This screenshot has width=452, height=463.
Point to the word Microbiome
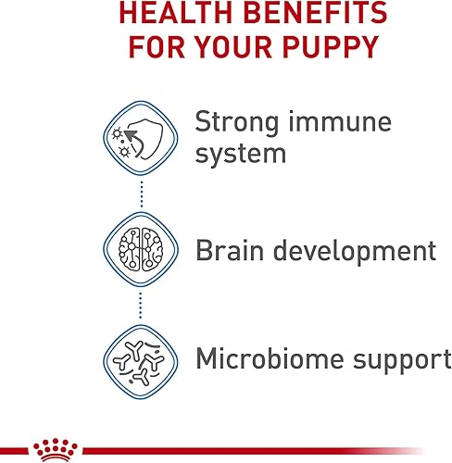coord(273,358)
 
